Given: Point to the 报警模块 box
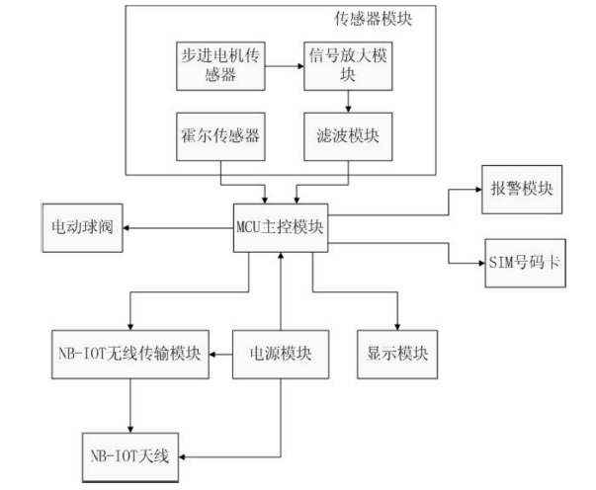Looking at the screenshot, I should pyautogui.click(x=522, y=190).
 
